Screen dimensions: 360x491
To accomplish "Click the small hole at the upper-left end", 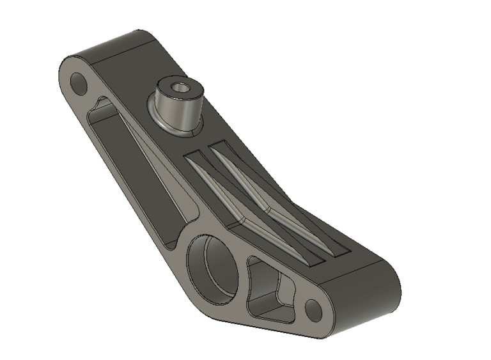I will (79, 82).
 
